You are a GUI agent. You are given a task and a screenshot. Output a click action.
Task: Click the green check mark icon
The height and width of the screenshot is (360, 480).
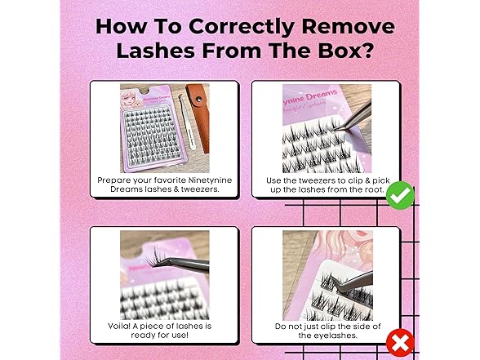point(400,195)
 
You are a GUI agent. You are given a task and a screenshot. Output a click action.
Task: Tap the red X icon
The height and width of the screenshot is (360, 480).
point(400,341)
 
